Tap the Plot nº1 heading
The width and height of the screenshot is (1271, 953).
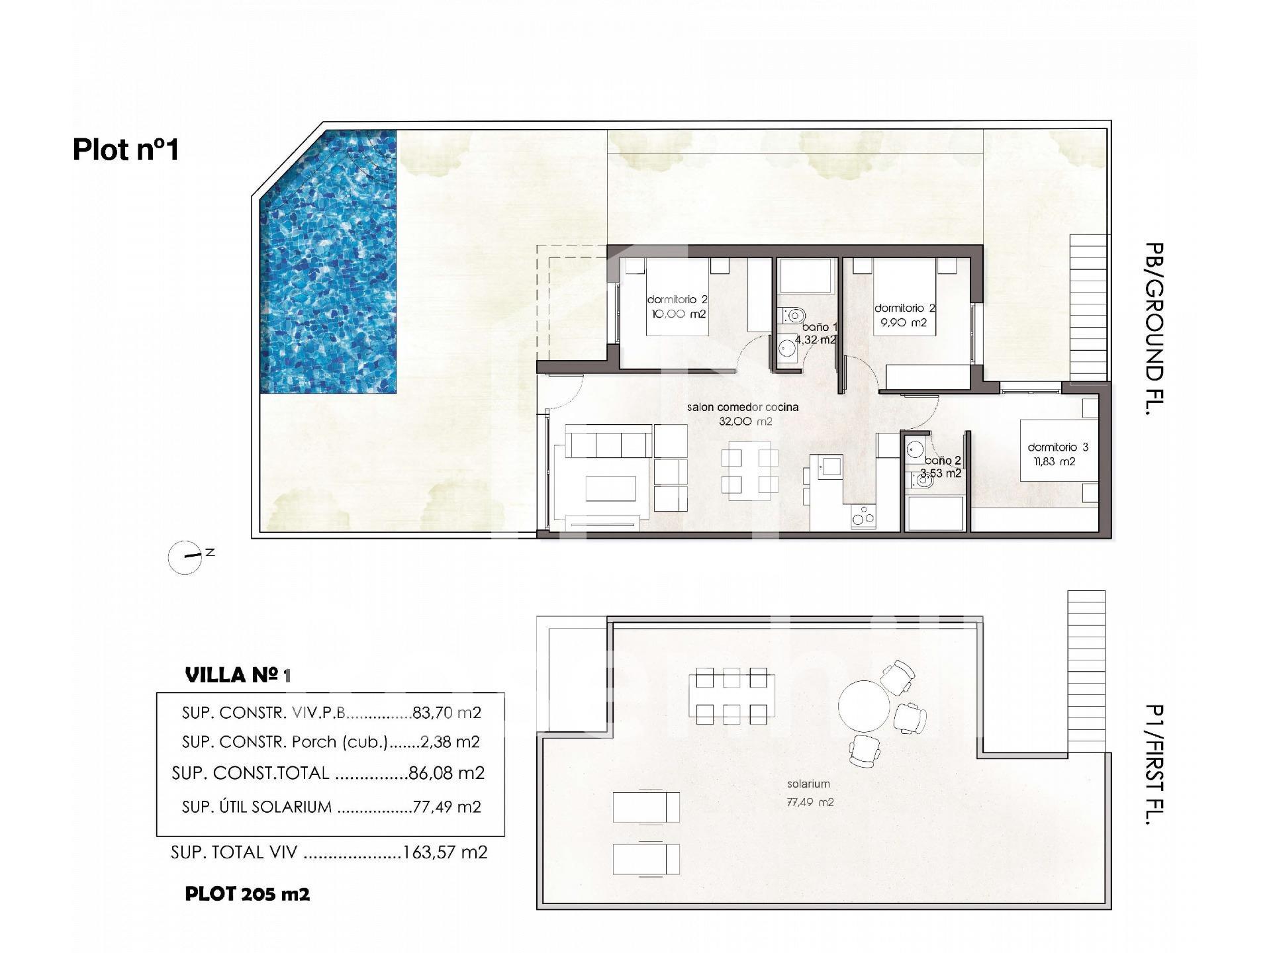tap(126, 150)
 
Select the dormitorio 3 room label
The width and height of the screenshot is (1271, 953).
tap(1058, 447)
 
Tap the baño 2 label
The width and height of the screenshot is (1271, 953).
tap(943, 461)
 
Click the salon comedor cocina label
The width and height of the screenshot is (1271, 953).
tap(743, 407)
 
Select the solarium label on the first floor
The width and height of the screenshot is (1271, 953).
tap(808, 784)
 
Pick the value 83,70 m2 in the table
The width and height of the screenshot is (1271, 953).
tap(447, 713)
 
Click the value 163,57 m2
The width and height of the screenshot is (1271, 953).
tap(445, 852)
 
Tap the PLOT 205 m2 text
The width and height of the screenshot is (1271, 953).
tap(248, 894)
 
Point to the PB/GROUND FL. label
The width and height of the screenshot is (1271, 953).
tap(1154, 329)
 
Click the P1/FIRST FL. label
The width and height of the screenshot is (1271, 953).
tap(1154, 764)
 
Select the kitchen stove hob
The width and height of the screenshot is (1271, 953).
tap(863, 516)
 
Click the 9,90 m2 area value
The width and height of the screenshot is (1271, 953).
tap(903, 323)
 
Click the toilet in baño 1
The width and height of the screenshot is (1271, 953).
tap(792, 315)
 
